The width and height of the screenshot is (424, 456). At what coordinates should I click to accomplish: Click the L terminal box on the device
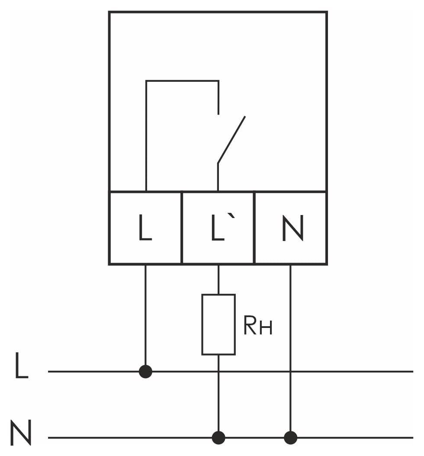145,228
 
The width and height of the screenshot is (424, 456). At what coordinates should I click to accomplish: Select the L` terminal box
218,228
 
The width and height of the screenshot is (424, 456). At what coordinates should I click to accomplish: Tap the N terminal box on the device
291,228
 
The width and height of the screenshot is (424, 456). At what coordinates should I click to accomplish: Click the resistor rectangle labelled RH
218,324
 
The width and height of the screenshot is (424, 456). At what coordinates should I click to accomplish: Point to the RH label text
258,326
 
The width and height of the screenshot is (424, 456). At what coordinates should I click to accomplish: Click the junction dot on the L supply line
145,371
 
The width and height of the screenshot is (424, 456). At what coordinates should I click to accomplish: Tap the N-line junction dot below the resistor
218,437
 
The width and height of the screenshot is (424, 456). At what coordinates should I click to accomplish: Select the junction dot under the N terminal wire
290,437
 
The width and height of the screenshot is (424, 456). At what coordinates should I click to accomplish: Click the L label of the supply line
22,365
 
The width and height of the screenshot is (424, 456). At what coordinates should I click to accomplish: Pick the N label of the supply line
21,433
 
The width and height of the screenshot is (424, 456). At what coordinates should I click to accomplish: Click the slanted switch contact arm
231,140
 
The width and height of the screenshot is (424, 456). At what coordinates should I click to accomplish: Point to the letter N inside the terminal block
293,228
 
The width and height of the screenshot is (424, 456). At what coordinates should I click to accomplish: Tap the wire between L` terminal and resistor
218,279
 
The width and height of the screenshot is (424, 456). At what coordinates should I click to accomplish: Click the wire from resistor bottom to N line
218,396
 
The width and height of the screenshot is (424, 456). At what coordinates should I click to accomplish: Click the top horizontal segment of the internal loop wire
182,80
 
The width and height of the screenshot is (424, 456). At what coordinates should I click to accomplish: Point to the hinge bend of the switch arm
218,163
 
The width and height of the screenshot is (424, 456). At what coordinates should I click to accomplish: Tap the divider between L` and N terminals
254,228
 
